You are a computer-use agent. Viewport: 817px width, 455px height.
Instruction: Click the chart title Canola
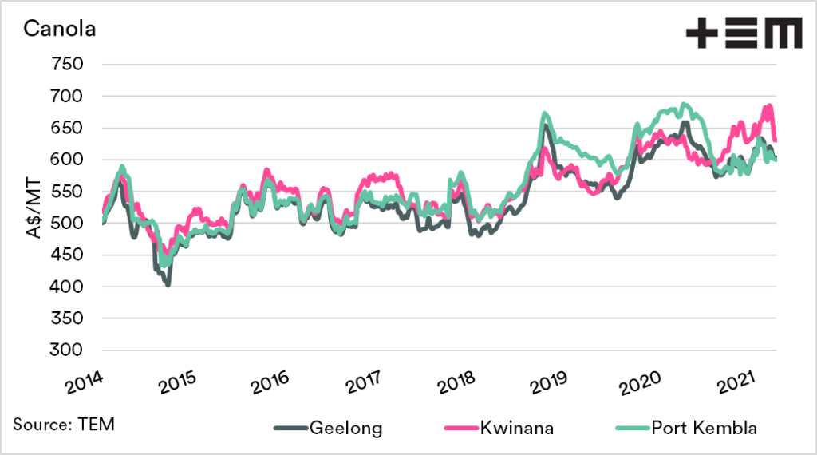coord(59,30)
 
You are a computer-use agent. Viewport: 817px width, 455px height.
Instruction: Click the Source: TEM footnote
coord(63,424)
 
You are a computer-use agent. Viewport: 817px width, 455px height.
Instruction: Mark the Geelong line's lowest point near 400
coord(168,283)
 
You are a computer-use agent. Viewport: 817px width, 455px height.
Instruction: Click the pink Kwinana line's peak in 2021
coord(769,106)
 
